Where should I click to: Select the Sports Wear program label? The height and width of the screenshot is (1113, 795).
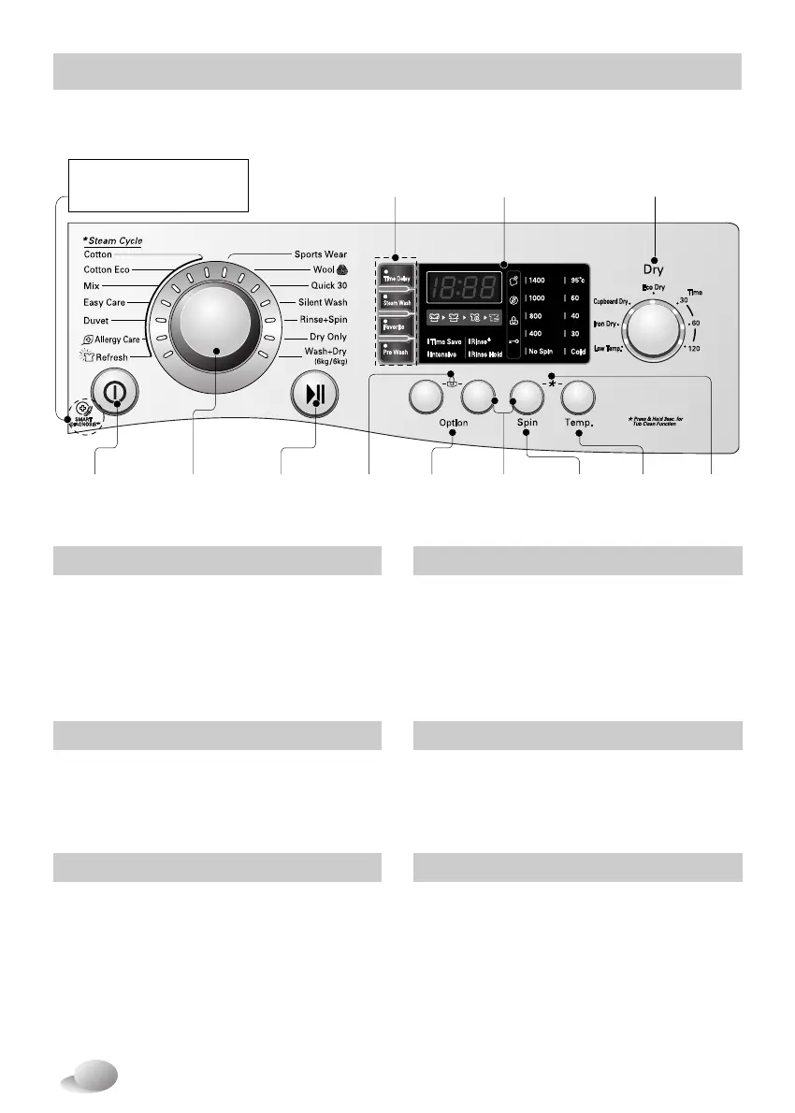pos(321,253)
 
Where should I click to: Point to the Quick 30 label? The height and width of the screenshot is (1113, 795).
pos(329,286)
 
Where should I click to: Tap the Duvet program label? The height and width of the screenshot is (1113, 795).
pos(96,321)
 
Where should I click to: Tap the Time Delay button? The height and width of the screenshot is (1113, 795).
pos(397,278)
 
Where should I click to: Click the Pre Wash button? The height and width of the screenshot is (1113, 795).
pos(396,353)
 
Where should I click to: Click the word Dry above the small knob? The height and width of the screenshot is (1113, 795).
pos(653,269)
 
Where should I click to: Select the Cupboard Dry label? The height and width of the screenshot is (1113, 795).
pos(612,301)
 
